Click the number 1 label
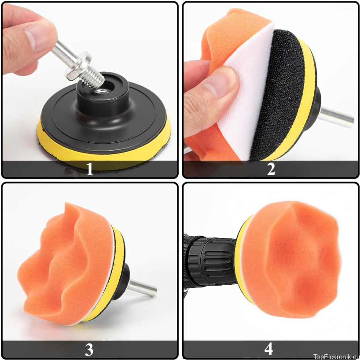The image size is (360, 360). (90, 169)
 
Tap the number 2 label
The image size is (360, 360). (271, 169)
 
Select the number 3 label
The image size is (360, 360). (89, 350)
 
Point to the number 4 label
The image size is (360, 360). (268, 349)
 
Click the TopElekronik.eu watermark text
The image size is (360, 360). (336, 356)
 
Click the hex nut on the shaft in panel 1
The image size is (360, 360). (77, 66)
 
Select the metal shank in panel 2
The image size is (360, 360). (336, 117)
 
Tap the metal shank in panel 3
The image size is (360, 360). (142, 288)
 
